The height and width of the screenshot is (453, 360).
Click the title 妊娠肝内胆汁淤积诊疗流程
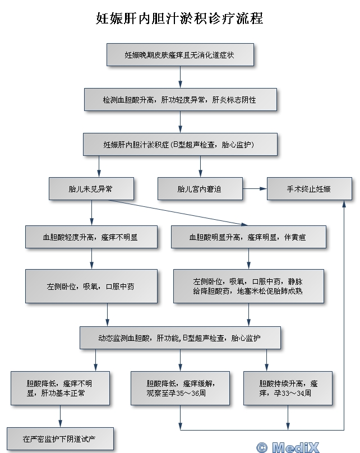[179, 19]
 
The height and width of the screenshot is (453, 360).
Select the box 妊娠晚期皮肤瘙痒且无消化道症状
[180, 55]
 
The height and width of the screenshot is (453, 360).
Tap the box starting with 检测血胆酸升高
[180, 99]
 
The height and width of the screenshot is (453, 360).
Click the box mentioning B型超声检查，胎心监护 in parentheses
[180, 144]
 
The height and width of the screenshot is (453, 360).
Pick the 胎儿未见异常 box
[91, 189]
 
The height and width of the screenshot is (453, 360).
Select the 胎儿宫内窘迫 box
[200, 189]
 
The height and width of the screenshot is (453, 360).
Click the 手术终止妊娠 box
[309, 189]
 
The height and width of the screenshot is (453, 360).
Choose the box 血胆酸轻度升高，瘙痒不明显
[91, 237]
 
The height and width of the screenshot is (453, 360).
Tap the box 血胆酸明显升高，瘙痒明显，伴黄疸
[248, 237]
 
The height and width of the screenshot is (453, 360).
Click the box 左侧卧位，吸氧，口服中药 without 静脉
[91, 286]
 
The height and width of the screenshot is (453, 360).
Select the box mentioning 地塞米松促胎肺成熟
[248, 286]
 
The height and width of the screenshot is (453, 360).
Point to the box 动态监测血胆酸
[180, 338]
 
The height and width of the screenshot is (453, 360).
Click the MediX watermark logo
[287, 447]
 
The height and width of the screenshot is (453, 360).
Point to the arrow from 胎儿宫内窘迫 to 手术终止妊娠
[255, 189]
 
